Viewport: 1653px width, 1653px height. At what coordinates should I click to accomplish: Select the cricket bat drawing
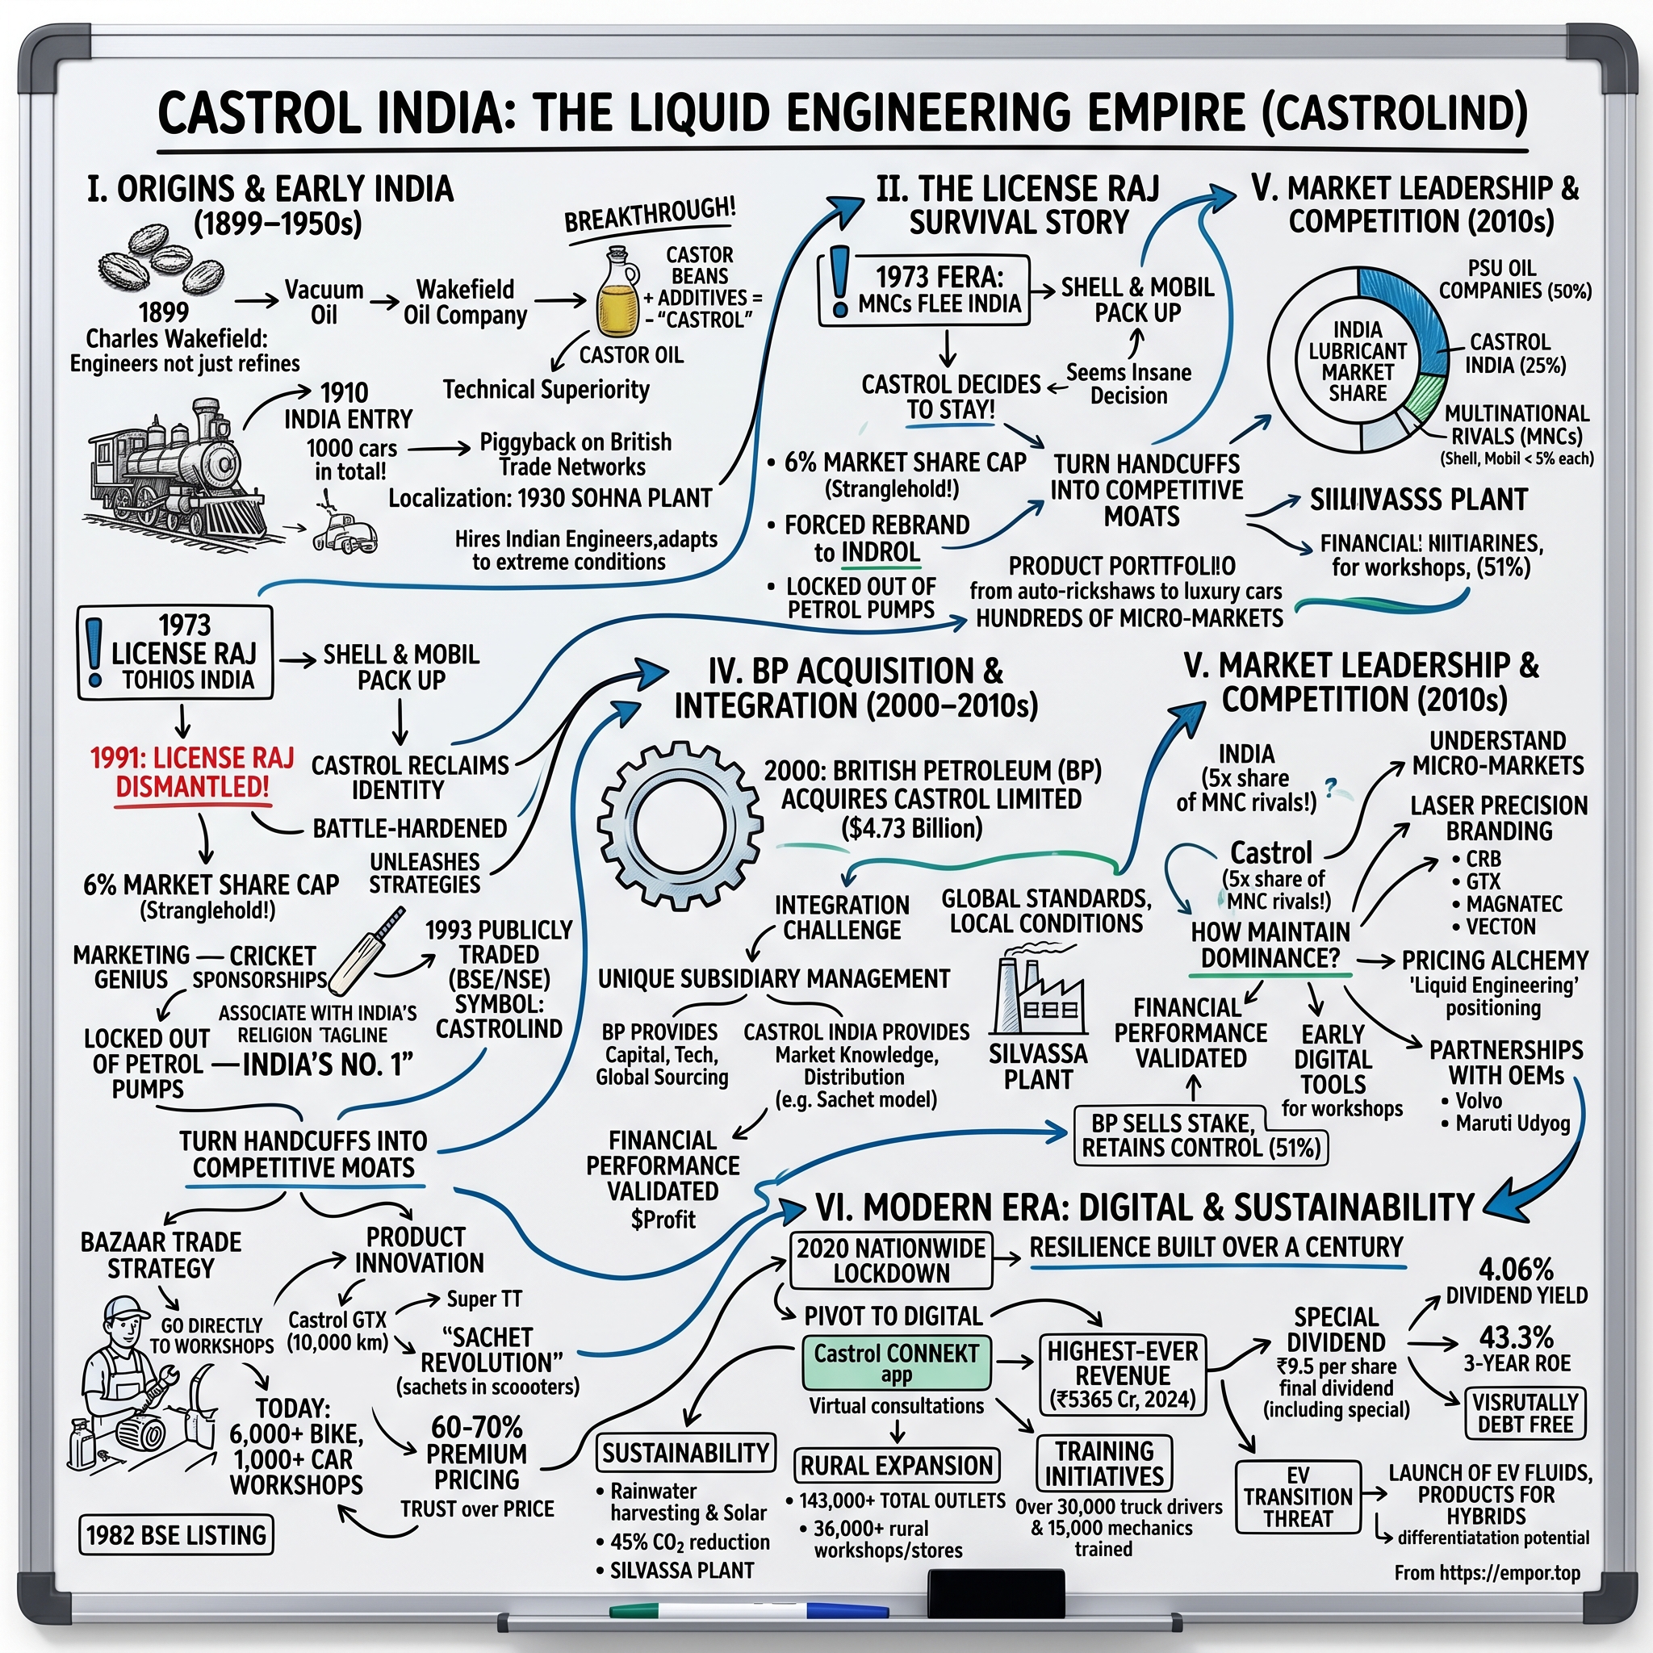point(366,950)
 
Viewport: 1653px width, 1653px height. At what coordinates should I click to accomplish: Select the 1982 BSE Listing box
point(176,1536)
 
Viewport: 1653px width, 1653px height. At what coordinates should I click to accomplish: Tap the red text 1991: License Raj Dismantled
point(193,772)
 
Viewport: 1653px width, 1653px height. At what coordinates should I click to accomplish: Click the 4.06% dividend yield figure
point(1516,1269)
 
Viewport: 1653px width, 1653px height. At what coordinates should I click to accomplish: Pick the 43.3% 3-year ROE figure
point(1516,1337)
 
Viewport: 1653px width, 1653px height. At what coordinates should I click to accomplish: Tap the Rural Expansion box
point(896,1466)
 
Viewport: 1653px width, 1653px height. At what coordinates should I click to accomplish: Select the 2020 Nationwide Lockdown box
point(891,1260)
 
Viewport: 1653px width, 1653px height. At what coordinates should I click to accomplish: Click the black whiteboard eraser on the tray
point(995,1594)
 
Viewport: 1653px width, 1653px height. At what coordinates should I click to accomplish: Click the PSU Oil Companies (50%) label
point(1514,280)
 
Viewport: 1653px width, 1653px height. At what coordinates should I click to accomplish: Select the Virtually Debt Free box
point(1525,1413)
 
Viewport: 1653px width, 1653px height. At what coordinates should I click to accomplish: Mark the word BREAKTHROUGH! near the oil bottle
point(651,215)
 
